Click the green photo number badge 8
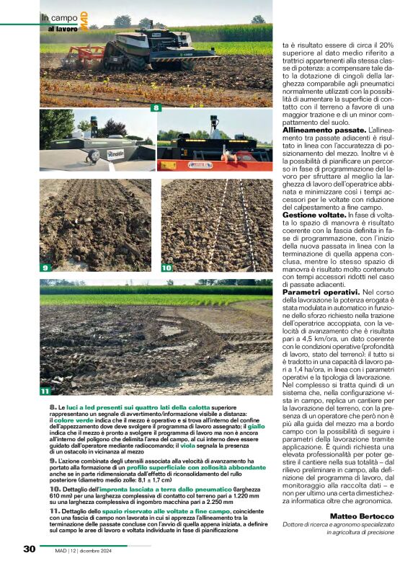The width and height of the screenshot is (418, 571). (154, 108)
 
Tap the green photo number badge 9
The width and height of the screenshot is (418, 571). (45, 267)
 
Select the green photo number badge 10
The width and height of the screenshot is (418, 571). (166, 267)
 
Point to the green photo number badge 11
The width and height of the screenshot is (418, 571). (45, 391)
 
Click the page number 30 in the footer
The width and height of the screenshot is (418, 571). (29, 549)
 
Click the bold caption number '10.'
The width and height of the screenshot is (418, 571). (55, 490)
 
